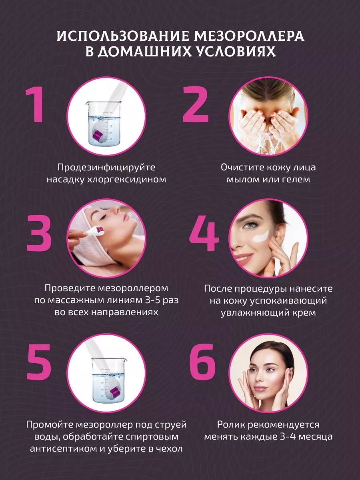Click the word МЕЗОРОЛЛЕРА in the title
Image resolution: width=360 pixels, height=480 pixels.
point(249,36)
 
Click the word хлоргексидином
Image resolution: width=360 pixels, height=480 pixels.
point(126,180)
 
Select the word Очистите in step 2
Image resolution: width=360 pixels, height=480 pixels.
point(239,167)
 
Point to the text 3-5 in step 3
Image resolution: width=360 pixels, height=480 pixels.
point(153,300)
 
